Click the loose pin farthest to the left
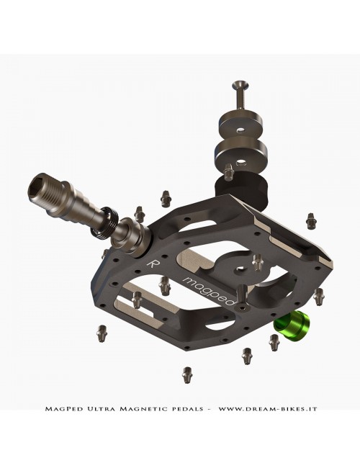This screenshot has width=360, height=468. coord(100,332)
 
